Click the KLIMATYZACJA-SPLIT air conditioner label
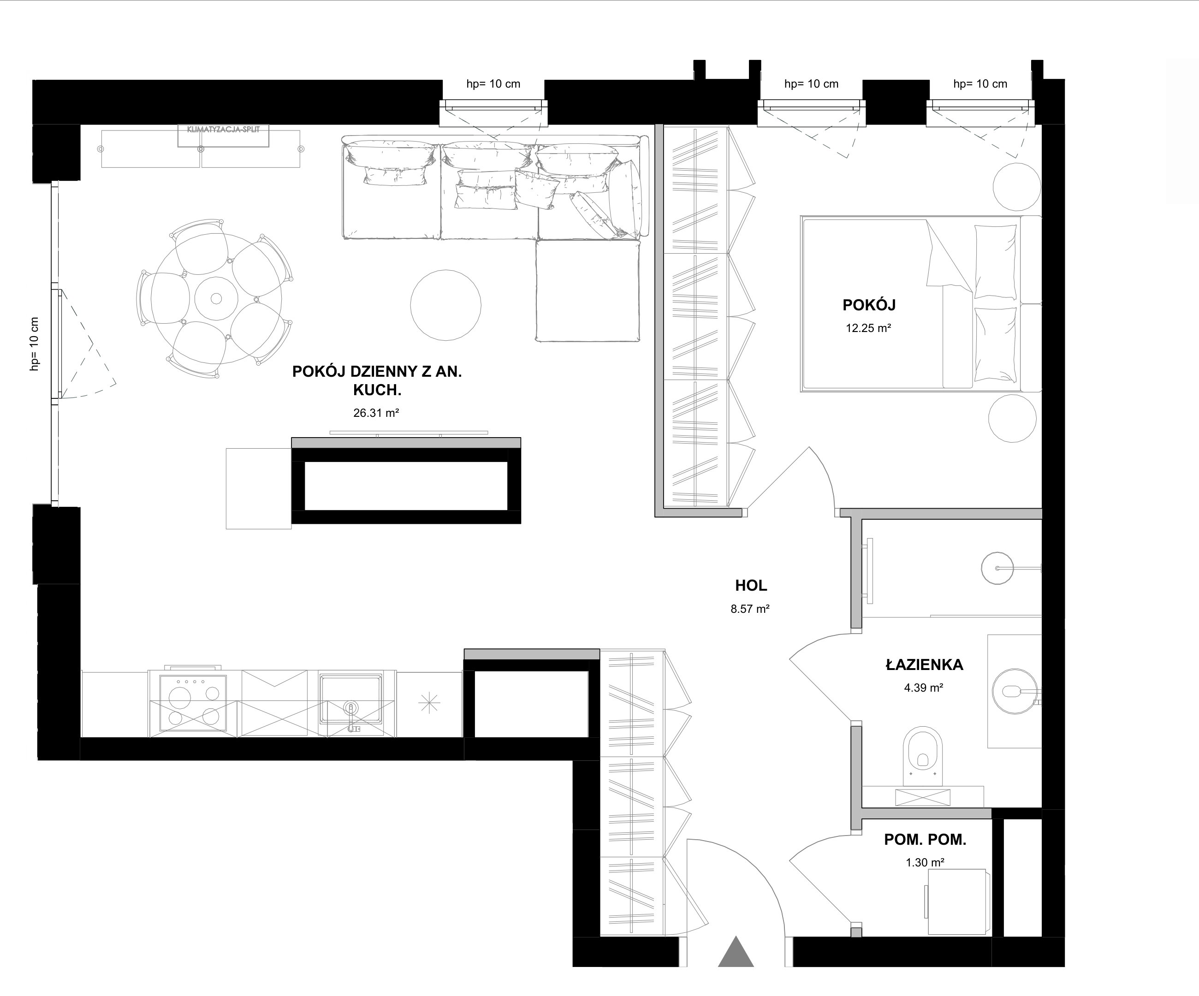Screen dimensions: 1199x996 pyautogui.click(x=223, y=130)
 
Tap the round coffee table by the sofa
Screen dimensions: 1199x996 pyautogui.click(x=446, y=305)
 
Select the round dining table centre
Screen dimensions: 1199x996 pyautogui.click(x=216, y=298)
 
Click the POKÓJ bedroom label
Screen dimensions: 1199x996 pyautogui.click(x=869, y=305)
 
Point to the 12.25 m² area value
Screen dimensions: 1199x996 pyautogui.click(x=868, y=328)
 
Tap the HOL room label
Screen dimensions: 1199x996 pyautogui.click(x=751, y=585)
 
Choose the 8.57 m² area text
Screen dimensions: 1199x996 pyautogui.click(x=750, y=609)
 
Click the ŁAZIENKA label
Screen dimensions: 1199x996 pyautogui.click(x=924, y=664)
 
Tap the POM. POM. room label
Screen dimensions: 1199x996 pyautogui.click(x=925, y=840)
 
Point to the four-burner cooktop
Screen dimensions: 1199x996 pyautogui.click(x=193, y=703)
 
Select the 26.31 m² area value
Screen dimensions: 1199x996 pyautogui.click(x=376, y=413)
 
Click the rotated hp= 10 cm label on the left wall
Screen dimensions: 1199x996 pyautogui.click(x=35, y=344)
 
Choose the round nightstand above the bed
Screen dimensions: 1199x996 pyautogui.click(x=1017, y=187)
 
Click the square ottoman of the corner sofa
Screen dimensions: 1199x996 pyautogui.click(x=588, y=290)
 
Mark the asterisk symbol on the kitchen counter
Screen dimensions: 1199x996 pyautogui.click(x=429, y=703)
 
